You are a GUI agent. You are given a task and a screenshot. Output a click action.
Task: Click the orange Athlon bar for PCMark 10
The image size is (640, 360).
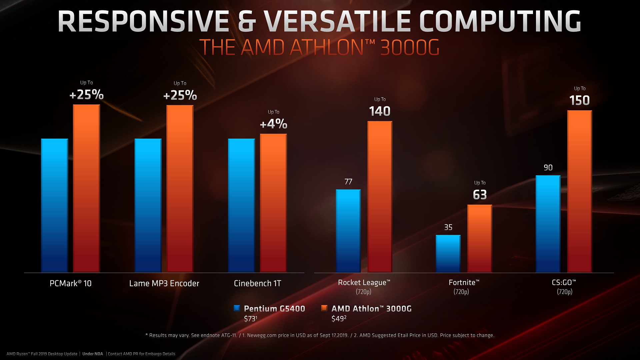point(86,188)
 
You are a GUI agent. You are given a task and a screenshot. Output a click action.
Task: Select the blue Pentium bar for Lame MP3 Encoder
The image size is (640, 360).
point(148,205)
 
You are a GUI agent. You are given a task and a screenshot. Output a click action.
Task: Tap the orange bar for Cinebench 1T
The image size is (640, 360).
point(273,203)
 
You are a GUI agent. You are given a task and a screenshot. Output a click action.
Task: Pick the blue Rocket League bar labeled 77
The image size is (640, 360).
point(348,231)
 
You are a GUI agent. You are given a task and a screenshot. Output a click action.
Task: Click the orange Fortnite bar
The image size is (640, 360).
point(480,238)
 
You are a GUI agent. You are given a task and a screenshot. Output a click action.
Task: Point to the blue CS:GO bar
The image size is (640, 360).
point(548,224)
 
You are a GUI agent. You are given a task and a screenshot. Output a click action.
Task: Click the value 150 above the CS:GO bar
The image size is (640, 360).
point(579,101)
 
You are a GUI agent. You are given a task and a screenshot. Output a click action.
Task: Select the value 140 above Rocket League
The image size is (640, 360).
point(380,111)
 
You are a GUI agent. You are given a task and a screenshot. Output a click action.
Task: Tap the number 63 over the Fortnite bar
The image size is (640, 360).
point(480,195)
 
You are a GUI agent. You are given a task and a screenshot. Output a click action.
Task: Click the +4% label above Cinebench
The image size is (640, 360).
point(273,124)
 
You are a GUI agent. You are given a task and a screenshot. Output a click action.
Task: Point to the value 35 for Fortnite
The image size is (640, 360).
point(448,227)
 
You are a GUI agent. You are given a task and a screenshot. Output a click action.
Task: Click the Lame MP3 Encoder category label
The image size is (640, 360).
point(164,283)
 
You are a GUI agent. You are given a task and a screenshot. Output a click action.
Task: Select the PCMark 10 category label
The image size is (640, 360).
point(70,283)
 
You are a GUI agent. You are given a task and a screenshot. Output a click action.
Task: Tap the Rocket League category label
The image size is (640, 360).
point(364,283)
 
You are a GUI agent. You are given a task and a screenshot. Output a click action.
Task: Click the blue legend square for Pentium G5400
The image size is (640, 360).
point(237,308)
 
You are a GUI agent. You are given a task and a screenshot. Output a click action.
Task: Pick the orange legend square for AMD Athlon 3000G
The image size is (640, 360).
point(324,308)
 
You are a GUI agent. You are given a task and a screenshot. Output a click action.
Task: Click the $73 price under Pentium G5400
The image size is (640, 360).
point(250,319)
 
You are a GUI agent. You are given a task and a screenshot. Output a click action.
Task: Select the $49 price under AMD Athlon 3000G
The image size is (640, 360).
point(339,319)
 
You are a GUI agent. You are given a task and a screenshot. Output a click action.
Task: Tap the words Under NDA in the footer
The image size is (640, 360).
point(93,354)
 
